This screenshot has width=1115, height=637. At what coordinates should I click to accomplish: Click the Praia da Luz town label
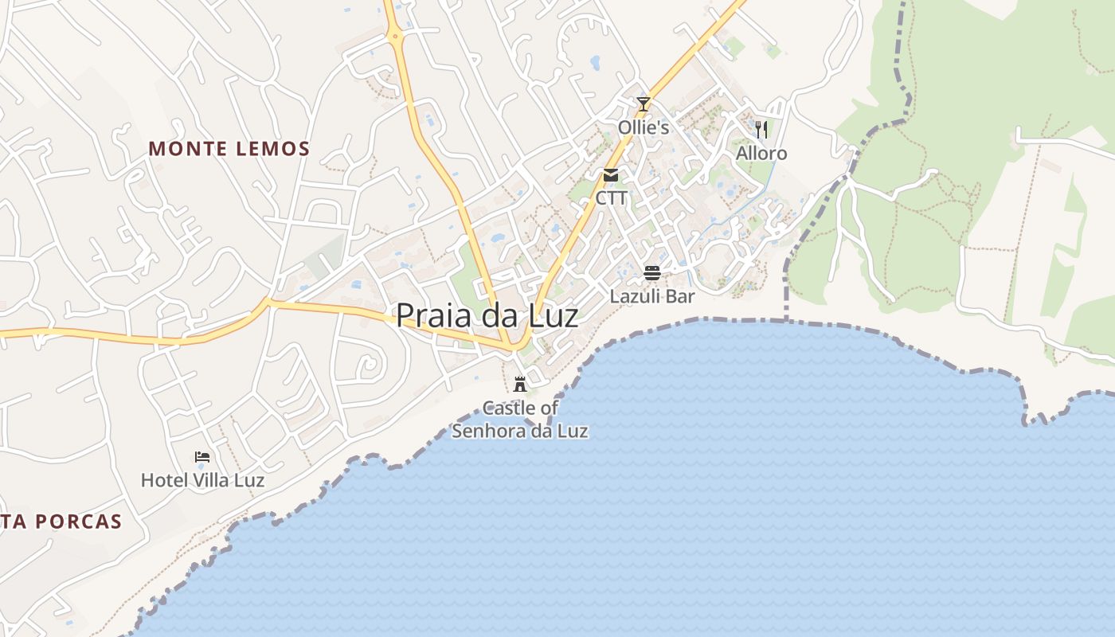(487, 316)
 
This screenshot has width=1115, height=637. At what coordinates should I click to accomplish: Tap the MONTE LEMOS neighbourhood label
(229, 149)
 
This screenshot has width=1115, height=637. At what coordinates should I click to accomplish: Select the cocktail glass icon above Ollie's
(644, 104)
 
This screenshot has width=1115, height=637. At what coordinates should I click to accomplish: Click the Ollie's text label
(644, 127)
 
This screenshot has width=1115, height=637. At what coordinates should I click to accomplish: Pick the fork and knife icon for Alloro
(761, 129)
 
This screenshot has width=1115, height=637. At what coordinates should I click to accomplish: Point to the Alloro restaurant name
(761, 153)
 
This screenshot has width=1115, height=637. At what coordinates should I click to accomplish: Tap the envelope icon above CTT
(611, 175)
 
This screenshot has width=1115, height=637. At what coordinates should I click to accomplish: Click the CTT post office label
(611, 198)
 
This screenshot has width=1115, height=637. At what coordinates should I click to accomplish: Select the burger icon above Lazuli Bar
(652, 273)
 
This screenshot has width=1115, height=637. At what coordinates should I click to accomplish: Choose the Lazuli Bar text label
(652, 296)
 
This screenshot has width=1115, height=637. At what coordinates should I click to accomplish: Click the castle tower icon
(520, 385)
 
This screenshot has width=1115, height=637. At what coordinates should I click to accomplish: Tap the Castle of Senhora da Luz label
(520, 420)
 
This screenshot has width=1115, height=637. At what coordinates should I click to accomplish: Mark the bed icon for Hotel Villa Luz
(202, 457)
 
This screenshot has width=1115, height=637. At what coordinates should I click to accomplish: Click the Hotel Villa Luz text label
(202, 480)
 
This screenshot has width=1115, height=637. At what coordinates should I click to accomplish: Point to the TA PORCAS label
(61, 522)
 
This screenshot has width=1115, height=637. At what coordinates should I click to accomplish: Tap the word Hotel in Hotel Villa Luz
(164, 480)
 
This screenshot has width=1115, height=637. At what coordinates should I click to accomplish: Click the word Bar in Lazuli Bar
(681, 296)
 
